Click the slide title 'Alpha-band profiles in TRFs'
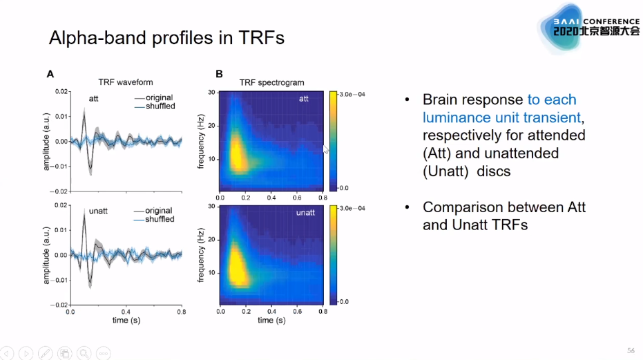tap(166, 38)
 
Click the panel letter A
tap(50, 73)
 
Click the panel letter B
tap(219, 73)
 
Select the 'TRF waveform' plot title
tap(124, 82)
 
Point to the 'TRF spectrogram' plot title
tap(271, 82)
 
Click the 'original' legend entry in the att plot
tap(159, 97)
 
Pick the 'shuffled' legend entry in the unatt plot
tap(160, 220)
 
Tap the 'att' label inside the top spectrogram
tap(303, 100)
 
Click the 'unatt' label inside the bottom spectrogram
tap(305, 212)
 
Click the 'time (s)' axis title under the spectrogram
tap(271, 321)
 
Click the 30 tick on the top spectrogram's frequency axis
tap(213, 93)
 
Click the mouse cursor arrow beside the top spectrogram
tap(326, 149)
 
